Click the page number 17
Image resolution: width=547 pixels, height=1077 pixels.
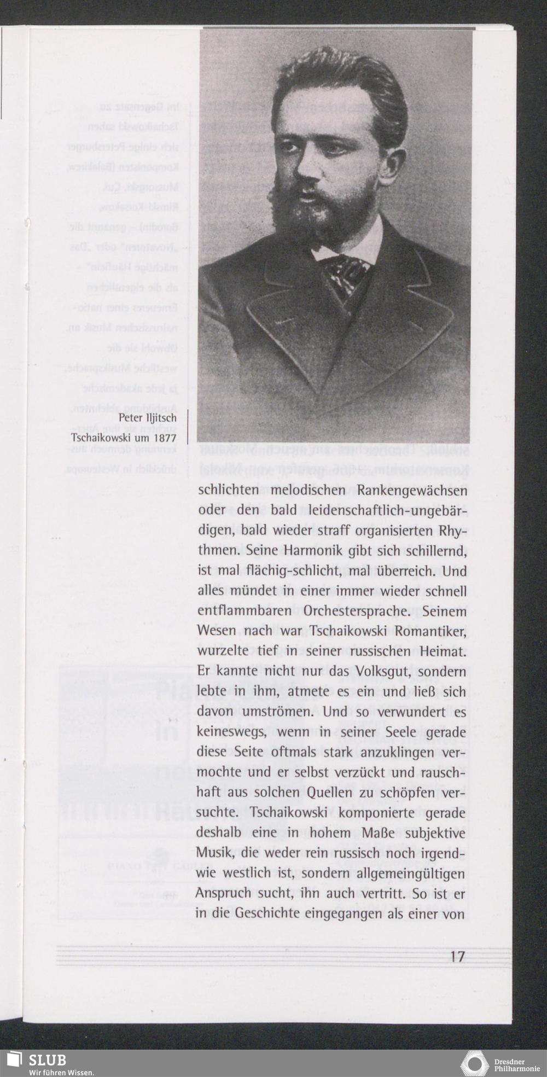(x=457, y=957)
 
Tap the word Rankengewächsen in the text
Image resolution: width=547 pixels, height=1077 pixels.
(x=414, y=490)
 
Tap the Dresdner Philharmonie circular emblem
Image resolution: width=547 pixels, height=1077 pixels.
(x=474, y=1063)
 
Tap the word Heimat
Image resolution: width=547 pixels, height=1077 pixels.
(x=444, y=651)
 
